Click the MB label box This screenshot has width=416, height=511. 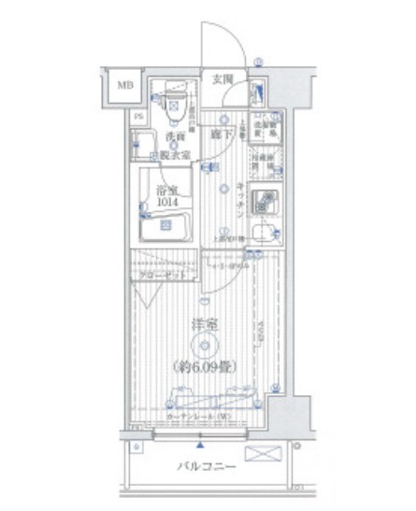coord(124,86)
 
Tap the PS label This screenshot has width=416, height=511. coord(136,117)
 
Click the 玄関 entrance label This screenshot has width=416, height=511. coord(221,80)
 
